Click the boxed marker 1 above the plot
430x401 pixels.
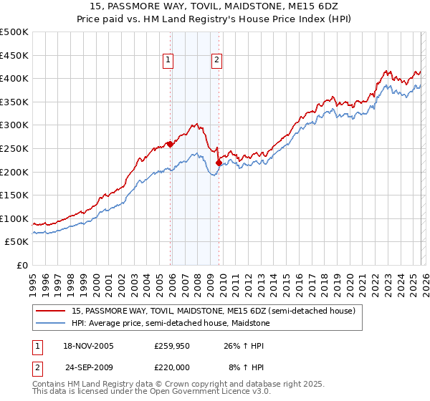click(x=168, y=61)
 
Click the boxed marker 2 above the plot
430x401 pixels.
click(x=216, y=61)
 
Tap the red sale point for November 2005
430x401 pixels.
click(x=170, y=144)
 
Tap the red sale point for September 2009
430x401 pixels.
click(x=219, y=163)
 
